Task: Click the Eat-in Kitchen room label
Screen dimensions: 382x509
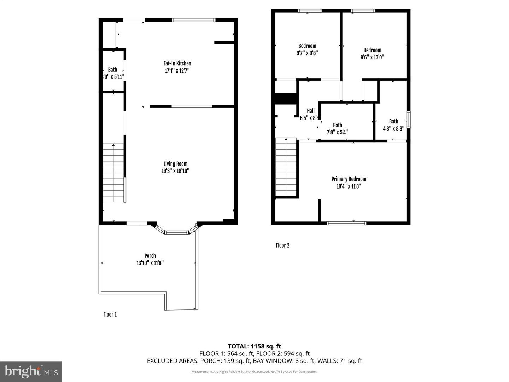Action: click(177, 63)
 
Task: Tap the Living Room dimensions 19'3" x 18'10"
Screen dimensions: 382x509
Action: click(175, 171)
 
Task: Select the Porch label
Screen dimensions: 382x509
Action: click(150, 256)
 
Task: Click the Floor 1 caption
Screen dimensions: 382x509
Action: click(110, 314)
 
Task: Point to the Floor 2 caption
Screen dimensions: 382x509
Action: click(282, 245)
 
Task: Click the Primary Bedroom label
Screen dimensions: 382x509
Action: click(349, 179)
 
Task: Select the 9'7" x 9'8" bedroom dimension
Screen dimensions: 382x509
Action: click(307, 53)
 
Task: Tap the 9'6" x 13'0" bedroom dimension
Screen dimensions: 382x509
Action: click(372, 57)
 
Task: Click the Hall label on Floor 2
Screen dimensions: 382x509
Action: click(310, 111)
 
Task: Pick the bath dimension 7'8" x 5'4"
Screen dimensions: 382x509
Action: click(337, 132)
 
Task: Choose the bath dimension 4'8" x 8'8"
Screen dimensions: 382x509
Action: click(393, 129)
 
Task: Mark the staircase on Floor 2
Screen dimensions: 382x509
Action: click(286, 167)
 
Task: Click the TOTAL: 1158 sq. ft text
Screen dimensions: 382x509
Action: click(254, 346)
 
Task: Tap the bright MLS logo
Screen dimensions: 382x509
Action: click(31, 371)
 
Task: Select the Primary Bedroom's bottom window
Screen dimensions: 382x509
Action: click(346, 223)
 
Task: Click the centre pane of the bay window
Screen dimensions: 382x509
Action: click(177, 232)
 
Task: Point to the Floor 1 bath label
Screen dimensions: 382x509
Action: click(112, 70)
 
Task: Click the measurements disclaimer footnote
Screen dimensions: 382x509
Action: click(254, 372)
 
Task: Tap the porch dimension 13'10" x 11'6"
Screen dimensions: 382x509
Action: click(150, 263)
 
